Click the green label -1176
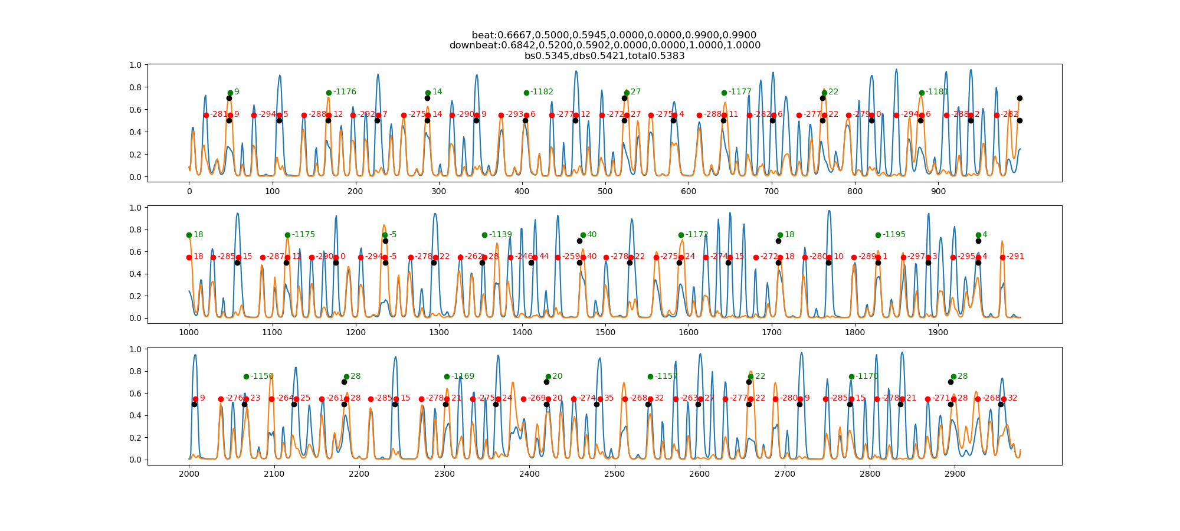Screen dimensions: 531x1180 tap(345, 92)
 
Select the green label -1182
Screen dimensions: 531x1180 tap(542, 92)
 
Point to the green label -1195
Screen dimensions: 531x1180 tap(894, 235)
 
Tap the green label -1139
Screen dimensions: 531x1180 tap(500, 235)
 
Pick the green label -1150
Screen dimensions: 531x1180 tap(262, 376)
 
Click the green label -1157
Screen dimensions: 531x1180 tap(666, 376)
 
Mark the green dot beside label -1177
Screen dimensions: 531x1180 tap(724, 93)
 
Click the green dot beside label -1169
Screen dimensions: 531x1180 tap(447, 376)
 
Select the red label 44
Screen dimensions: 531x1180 tap(544, 257)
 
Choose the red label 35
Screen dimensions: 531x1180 tap(609, 398)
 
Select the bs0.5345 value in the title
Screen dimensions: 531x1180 tap(546, 56)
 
